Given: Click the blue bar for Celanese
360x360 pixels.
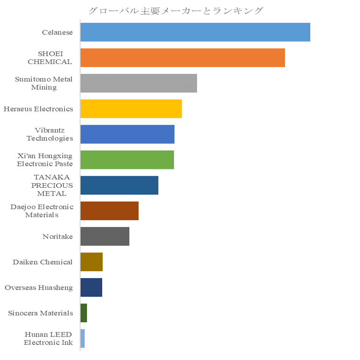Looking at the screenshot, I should pos(195,32).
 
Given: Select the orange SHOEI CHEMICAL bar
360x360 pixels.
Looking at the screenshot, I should pos(182,58).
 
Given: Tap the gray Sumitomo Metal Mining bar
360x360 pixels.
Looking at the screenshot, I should pos(139,83).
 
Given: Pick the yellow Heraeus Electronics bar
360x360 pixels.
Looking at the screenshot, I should pos(131,109).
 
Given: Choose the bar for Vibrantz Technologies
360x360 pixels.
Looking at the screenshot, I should pos(127,134).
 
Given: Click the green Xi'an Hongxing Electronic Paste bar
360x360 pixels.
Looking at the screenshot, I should pos(127,160).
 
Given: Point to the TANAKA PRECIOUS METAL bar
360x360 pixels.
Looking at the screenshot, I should pos(119,185).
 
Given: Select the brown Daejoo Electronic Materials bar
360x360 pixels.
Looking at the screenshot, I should pos(109,211).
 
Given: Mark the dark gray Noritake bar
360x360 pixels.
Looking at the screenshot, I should pos(105,236).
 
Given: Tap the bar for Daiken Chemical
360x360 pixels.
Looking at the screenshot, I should pos(91,262).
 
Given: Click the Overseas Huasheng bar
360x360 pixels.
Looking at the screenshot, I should pos(91,287).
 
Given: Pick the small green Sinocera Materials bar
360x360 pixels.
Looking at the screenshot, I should pos(84,313).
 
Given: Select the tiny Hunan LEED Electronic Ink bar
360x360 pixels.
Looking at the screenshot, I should pos(82,338).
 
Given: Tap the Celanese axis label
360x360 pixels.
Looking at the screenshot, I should pos(57,32).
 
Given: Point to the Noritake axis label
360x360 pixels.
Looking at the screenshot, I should pos(58,237).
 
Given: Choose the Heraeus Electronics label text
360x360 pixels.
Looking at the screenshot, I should pos(38,109).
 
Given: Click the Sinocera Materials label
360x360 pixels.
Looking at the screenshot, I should pos(41,313).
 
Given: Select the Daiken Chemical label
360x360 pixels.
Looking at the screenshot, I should pos(42,262).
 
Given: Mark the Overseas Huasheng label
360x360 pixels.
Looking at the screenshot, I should pos(39,288).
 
